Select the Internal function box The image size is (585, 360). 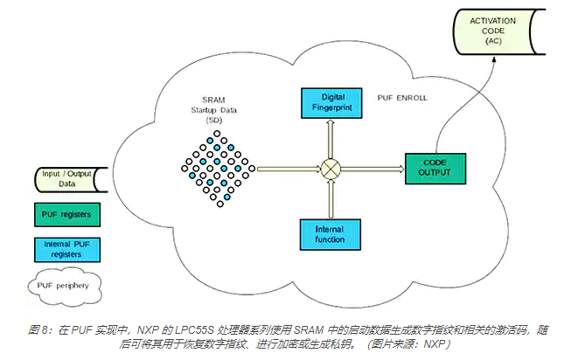coord(331,233)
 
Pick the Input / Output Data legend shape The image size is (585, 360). coord(63,179)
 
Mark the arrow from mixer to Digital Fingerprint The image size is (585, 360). coord(331,140)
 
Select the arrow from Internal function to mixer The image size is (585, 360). coord(331,197)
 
